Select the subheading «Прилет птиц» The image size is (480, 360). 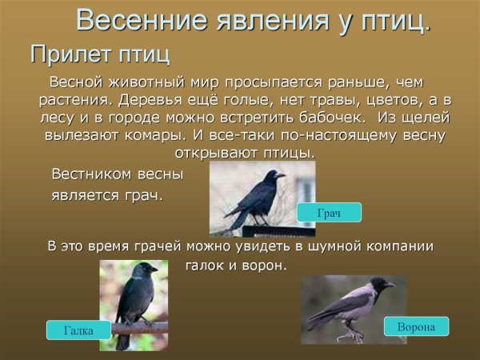pyautogui.click(x=100, y=55)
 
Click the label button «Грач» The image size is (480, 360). pyautogui.click(x=329, y=213)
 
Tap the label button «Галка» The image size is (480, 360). pyautogui.click(x=78, y=330)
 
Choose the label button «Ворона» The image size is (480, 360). pyautogui.click(x=416, y=326)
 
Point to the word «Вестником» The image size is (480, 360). pyautogui.click(x=88, y=174)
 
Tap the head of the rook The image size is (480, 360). pyautogui.click(x=274, y=174)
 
